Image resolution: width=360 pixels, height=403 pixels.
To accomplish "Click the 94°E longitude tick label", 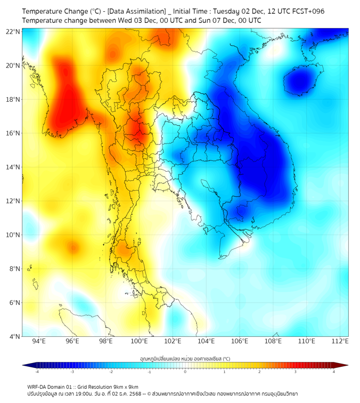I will tap(39, 341).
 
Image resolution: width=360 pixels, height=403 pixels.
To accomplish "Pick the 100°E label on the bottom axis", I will tap(140, 341).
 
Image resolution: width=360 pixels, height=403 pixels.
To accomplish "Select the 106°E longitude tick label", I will tap(240, 341).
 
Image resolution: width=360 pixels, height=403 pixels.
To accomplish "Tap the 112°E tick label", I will tap(340, 341).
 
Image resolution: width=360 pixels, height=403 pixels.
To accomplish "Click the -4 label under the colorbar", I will tap(37, 372).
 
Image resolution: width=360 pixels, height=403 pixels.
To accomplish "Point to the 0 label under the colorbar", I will tap(185, 372).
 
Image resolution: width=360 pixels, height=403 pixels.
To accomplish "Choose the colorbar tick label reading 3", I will tap(297, 372).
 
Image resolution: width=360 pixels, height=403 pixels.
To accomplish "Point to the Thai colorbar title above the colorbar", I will tap(185, 358).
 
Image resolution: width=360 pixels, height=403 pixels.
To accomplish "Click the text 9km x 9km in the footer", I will tap(124, 387).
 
